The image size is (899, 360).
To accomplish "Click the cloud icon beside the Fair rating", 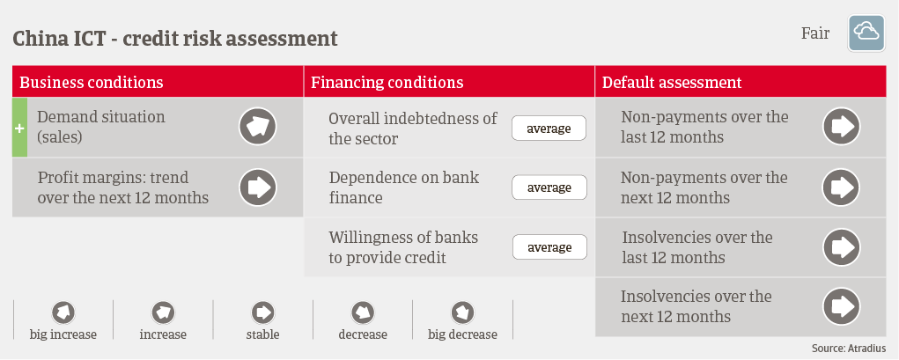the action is pos(866,33).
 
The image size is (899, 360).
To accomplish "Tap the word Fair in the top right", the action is pos(814,33).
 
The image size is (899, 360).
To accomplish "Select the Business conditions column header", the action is pos(92,82).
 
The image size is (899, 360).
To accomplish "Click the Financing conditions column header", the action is pos(387,82).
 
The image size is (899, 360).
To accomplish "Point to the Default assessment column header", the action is pos(672,82).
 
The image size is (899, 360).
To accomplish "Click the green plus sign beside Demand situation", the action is pos(19,128).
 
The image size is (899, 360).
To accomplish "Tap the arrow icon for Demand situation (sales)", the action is pos(258,127).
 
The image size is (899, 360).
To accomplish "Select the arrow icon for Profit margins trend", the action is pos(258,187).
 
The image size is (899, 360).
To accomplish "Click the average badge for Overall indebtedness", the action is pos(549,129).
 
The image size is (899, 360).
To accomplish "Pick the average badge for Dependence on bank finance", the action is pos(549,187).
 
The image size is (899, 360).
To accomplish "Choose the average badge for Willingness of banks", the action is pos(549,247).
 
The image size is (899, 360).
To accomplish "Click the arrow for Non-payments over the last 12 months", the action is pos(841,127).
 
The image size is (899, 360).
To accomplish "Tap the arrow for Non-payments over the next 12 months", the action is pos(841,187).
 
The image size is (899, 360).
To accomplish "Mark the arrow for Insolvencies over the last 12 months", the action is pos(841,247).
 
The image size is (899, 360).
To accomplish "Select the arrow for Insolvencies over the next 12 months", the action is pos(841,306).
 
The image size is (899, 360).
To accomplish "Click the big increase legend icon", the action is pos(63,313).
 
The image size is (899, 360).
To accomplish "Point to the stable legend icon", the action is pos(263,313).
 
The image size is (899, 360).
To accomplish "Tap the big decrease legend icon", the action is pos(462,313).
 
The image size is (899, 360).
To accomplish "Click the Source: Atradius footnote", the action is pos(849,348).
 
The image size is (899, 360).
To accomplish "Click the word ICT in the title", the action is pos(91,39).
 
